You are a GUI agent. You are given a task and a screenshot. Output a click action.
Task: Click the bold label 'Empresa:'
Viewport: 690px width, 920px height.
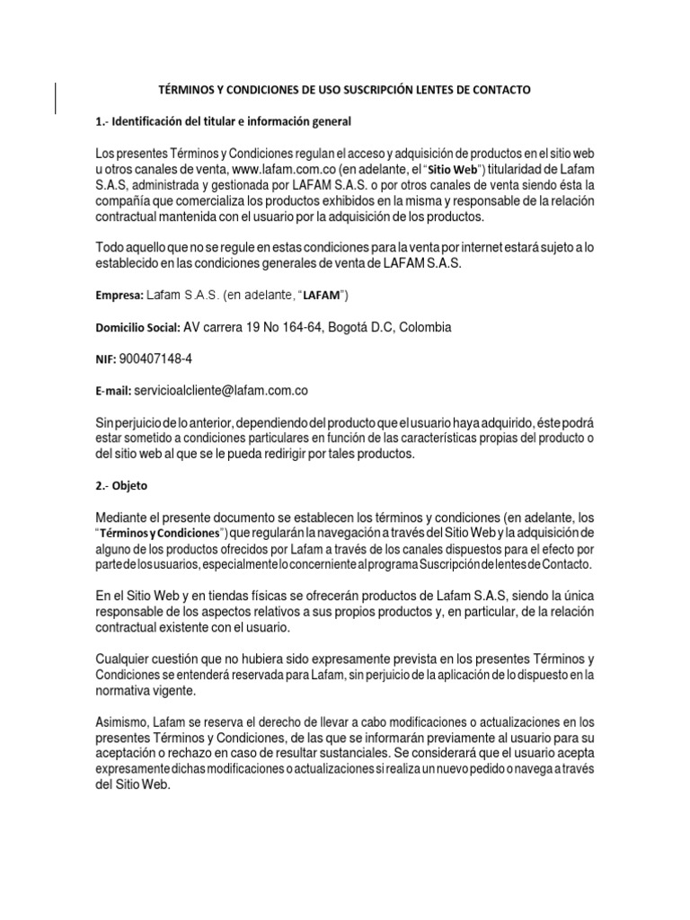coord(118,295)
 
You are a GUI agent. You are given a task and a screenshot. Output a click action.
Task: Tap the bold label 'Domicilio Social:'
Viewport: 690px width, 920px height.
coord(137,327)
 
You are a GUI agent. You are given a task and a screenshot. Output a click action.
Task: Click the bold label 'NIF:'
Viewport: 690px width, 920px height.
coord(104,359)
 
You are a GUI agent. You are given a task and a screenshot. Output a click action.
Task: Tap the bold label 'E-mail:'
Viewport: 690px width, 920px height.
coord(112,392)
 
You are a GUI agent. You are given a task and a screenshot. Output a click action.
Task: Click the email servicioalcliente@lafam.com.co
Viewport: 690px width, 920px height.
coord(221,391)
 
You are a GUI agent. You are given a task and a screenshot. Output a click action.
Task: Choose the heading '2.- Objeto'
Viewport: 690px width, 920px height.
coord(121,486)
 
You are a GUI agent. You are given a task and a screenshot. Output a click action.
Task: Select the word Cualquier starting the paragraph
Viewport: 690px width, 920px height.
coord(123,658)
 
